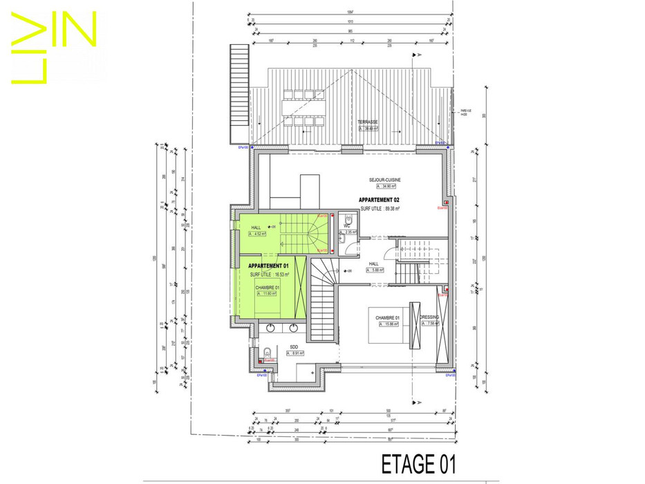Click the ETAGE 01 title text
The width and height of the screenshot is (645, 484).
(418, 463)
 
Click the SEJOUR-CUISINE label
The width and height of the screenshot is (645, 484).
(385, 180)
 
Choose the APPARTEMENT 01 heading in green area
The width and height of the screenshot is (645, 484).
(268, 266)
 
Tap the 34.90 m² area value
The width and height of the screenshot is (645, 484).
(388, 187)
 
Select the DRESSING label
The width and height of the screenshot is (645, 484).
(429, 317)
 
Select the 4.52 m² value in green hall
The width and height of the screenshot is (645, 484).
(259, 234)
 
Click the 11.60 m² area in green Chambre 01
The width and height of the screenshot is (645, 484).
(266, 293)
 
